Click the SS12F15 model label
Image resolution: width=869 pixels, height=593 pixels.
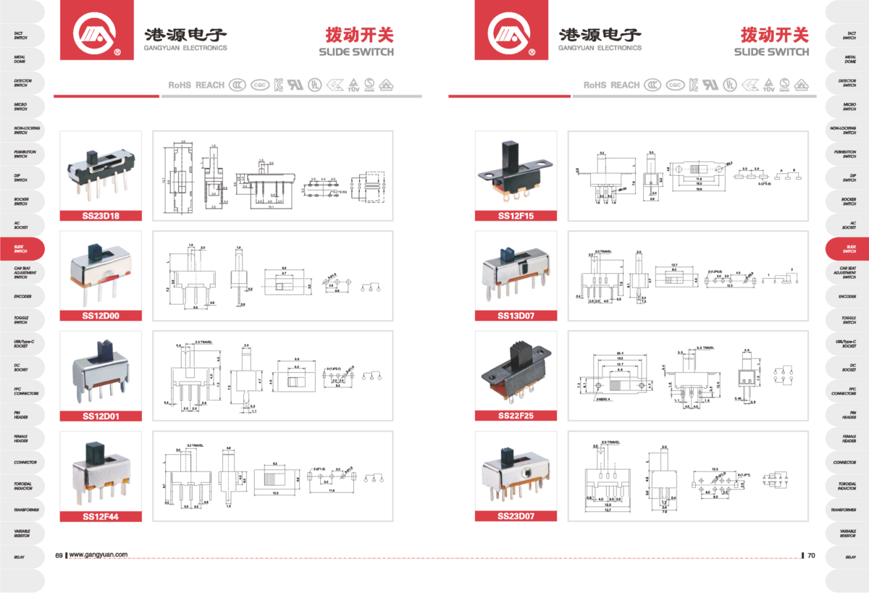pyautogui.click(x=515, y=215)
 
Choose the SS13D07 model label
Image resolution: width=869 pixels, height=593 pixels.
pyautogui.click(x=515, y=316)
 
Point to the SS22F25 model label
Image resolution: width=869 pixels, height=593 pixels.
pyautogui.click(x=515, y=416)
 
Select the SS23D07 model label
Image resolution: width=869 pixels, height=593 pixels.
pyautogui.click(x=515, y=516)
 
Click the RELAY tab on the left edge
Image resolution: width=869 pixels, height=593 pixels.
pyautogui.click(x=20, y=557)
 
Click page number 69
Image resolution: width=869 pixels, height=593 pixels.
pyautogui.click(x=59, y=555)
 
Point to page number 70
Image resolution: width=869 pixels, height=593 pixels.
pyautogui.click(x=811, y=555)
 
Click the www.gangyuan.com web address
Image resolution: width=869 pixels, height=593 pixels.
pyautogui.click(x=98, y=555)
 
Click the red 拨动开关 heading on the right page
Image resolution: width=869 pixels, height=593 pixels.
pyautogui.click(x=774, y=34)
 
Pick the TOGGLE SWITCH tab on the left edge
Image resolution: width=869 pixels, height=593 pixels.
pyautogui.click(x=20, y=319)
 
